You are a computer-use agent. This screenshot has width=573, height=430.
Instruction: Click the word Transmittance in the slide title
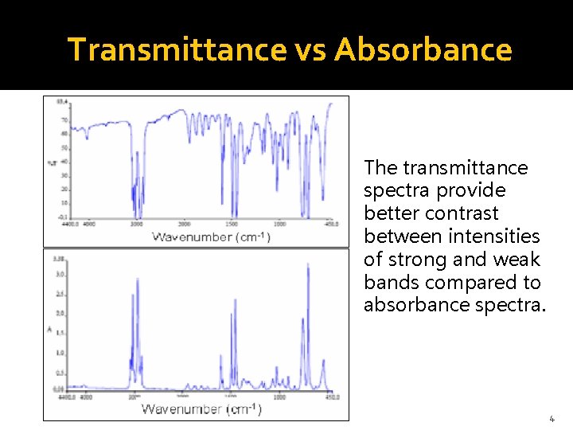[177, 49]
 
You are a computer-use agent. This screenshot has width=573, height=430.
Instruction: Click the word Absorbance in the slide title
[423, 49]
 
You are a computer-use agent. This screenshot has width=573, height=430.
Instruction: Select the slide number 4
[552, 418]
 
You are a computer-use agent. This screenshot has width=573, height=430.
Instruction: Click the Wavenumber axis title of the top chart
[211, 236]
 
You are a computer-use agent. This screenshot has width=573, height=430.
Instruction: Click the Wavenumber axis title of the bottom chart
[201, 409]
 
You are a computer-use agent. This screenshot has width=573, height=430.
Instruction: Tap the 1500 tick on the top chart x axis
[232, 225]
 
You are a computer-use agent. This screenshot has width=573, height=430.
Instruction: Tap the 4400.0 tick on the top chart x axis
[69, 225]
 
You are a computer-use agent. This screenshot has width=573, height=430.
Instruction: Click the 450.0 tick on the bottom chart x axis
[331, 396]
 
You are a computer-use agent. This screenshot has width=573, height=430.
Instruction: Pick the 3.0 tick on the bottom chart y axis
[60, 274]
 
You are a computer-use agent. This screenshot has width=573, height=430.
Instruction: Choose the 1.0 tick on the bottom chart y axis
[60, 353]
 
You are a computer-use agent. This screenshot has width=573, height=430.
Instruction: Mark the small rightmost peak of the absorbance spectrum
[323, 362]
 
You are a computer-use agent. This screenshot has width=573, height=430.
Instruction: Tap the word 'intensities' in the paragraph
[494, 236]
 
